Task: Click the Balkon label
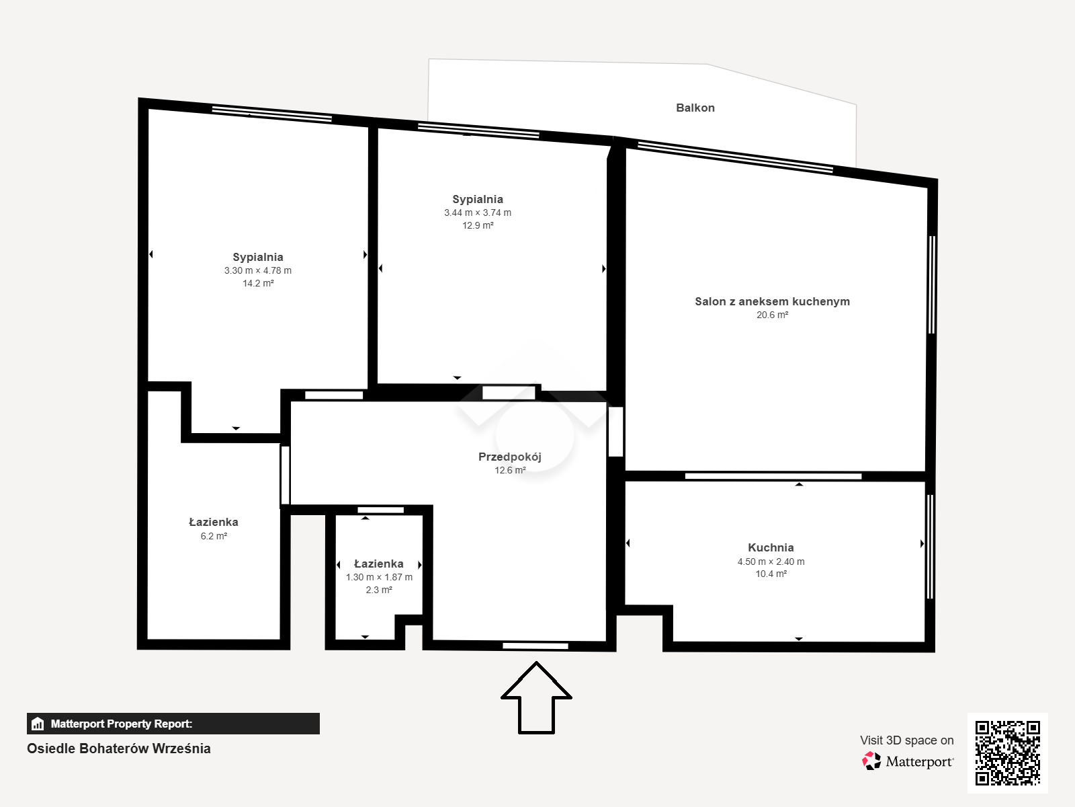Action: pos(695,108)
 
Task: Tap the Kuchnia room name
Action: pos(771,547)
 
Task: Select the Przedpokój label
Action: pos(510,457)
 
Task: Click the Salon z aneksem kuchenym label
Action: pos(773,301)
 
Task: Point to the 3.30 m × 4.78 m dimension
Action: pos(257,270)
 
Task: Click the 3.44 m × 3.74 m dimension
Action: pos(478,213)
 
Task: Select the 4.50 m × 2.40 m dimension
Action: pos(771,562)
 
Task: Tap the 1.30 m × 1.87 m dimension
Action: pos(379,577)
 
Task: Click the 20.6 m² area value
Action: pos(773,315)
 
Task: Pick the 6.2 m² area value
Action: pos(214,536)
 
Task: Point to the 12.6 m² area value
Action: pos(510,470)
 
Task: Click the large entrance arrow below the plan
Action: pos(536,698)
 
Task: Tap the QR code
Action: pos(1007,753)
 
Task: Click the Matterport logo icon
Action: pos(871,761)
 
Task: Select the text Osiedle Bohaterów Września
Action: pos(118,748)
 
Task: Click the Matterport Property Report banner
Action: pos(173,724)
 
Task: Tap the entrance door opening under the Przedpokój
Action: pos(535,646)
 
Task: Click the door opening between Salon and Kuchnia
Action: pos(773,476)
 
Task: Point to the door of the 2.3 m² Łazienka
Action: pos(380,510)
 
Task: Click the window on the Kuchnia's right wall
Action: pos(930,546)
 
